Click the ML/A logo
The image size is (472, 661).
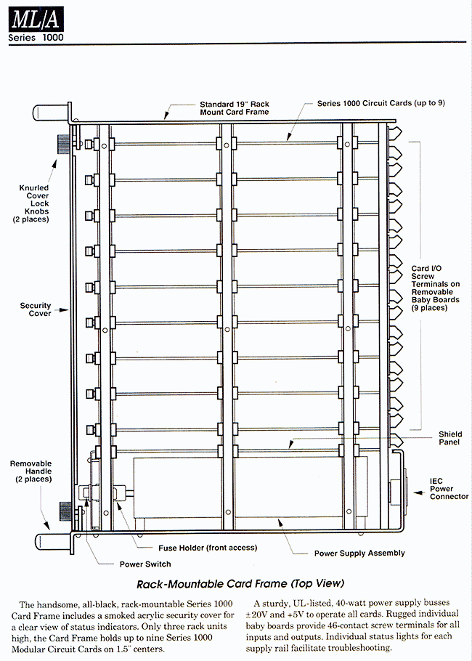[36, 19]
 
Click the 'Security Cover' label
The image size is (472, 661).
[36, 309]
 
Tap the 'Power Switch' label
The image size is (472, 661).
[145, 564]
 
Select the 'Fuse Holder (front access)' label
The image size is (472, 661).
[208, 548]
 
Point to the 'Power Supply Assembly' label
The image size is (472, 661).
[359, 553]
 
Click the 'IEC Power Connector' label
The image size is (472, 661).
[449, 489]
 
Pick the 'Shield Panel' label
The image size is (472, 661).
[450, 438]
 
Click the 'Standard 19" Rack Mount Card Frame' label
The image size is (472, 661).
[235, 108]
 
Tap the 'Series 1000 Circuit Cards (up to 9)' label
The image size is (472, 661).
[381, 103]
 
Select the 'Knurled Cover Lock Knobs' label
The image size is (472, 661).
[33, 203]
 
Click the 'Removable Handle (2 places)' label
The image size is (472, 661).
[31, 471]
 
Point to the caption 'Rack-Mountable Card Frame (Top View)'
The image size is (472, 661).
[240, 584]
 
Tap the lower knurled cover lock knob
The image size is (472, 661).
[66, 511]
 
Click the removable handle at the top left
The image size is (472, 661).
[51, 113]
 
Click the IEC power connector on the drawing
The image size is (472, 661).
[397, 492]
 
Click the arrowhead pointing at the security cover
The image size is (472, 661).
[64, 310]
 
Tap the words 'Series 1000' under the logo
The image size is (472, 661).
[36, 37]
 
